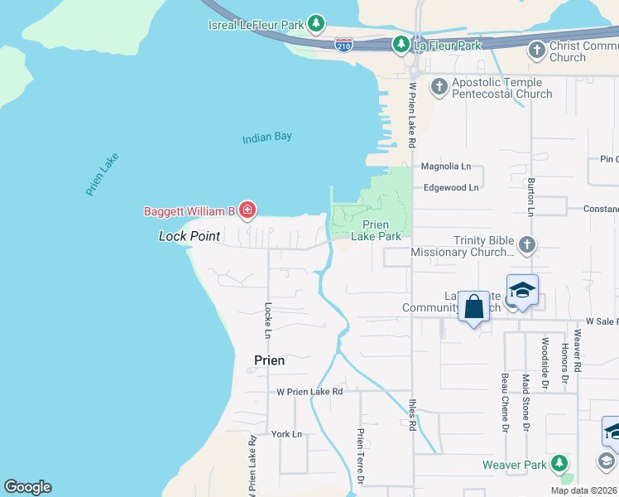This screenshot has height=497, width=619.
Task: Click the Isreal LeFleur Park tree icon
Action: click(315, 24)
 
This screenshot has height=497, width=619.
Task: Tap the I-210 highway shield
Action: click(344, 45)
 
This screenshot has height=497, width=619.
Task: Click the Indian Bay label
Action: click(267, 138)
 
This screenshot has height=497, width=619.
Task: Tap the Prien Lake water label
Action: click(103, 174)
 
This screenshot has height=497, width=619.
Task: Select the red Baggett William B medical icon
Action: click(247, 211)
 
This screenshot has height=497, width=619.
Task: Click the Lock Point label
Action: click(190, 237)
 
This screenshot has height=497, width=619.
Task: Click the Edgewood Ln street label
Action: click(451, 188)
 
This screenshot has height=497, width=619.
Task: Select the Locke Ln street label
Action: click(267, 320)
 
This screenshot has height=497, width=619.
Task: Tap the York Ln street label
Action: click(287, 434)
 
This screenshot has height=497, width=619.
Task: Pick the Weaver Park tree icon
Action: click(560, 464)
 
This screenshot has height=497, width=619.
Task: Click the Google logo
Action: click(27, 487)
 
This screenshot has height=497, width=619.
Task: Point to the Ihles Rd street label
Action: click(412, 415)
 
